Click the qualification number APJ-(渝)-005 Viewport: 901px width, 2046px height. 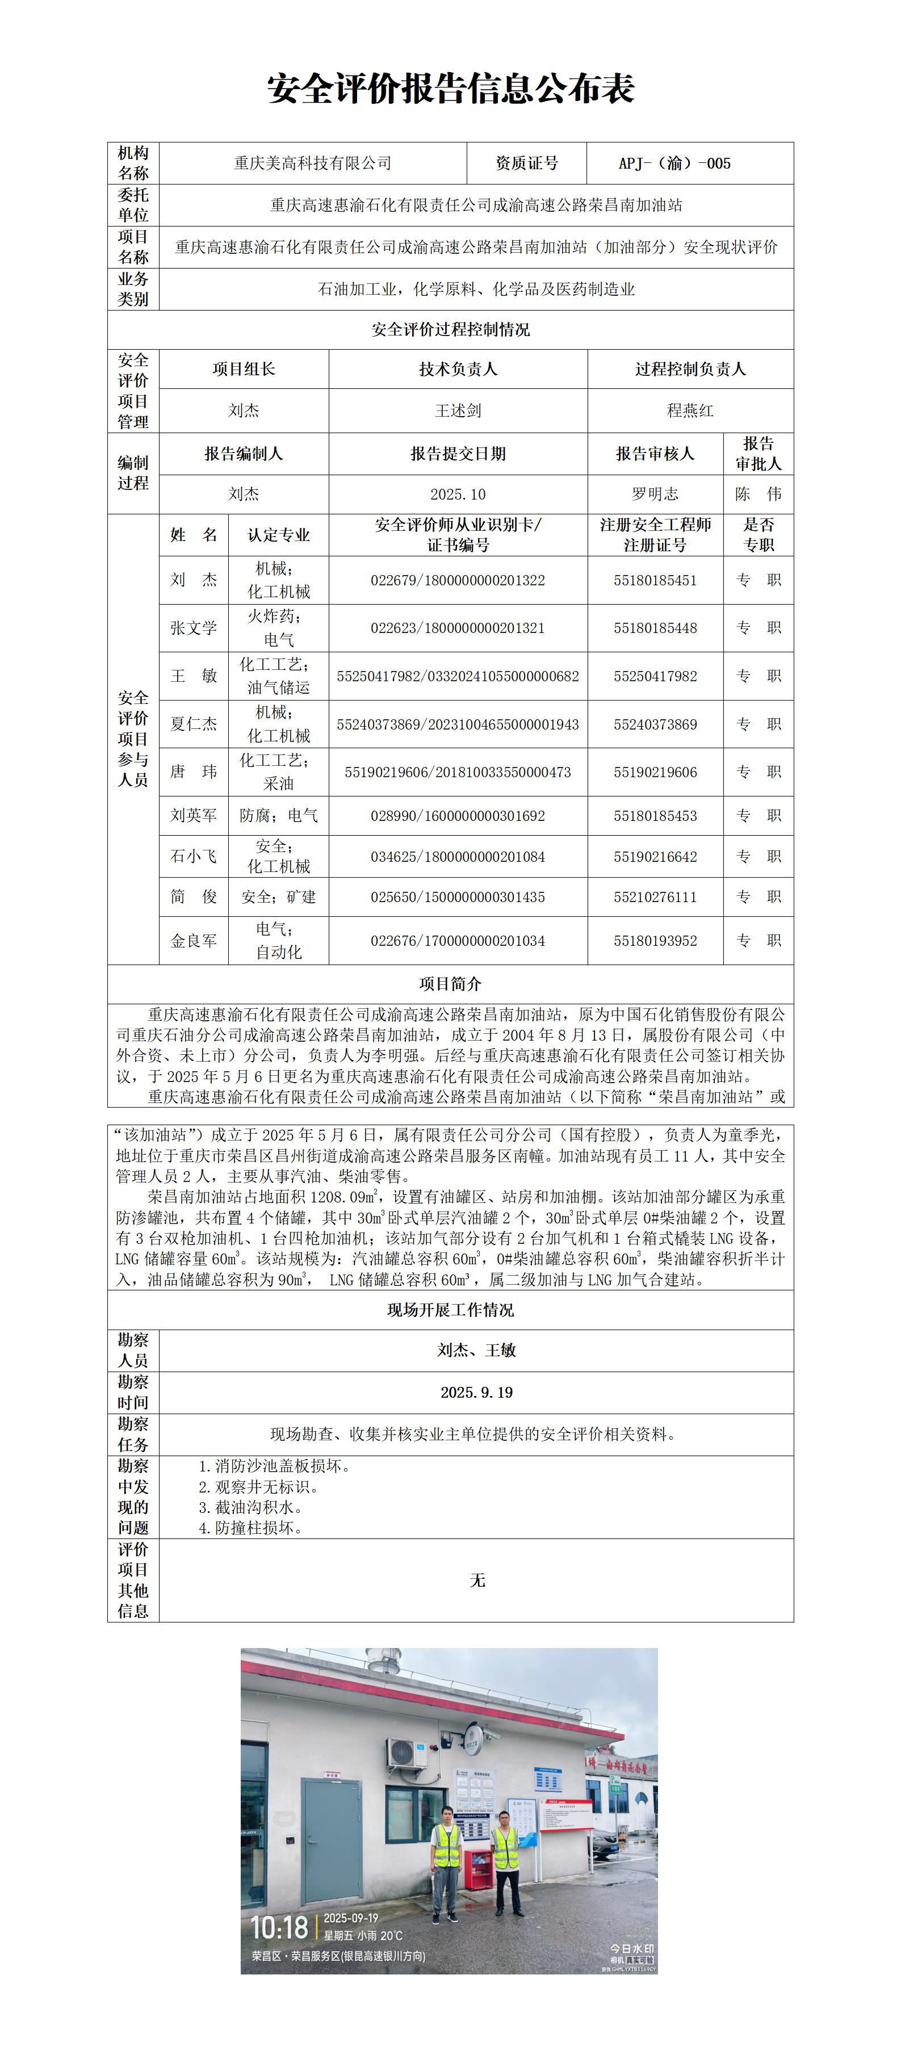tap(674, 163)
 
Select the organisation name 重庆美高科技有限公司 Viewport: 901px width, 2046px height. tap(312, 163)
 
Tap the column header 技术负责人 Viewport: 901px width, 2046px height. tap(458, 370)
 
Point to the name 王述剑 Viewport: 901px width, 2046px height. tap(458, 410)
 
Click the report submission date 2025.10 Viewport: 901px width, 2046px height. tap(458, 494)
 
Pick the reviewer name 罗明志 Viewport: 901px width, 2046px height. tap(655, 494)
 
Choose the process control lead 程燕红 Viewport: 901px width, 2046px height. tap(690, 410)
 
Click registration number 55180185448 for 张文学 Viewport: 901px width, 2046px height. tap(655, 628)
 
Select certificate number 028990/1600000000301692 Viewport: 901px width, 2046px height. tap(458, 816)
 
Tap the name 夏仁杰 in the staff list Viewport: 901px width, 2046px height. tap(193, 724)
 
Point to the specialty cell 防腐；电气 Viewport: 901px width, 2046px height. tap(278, 816)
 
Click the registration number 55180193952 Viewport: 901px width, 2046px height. tap(655, 940)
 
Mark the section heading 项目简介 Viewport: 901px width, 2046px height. tap(451, 984)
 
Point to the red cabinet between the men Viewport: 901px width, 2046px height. tap(477, 1868)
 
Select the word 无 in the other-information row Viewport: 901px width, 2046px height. tap(477, 1580)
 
